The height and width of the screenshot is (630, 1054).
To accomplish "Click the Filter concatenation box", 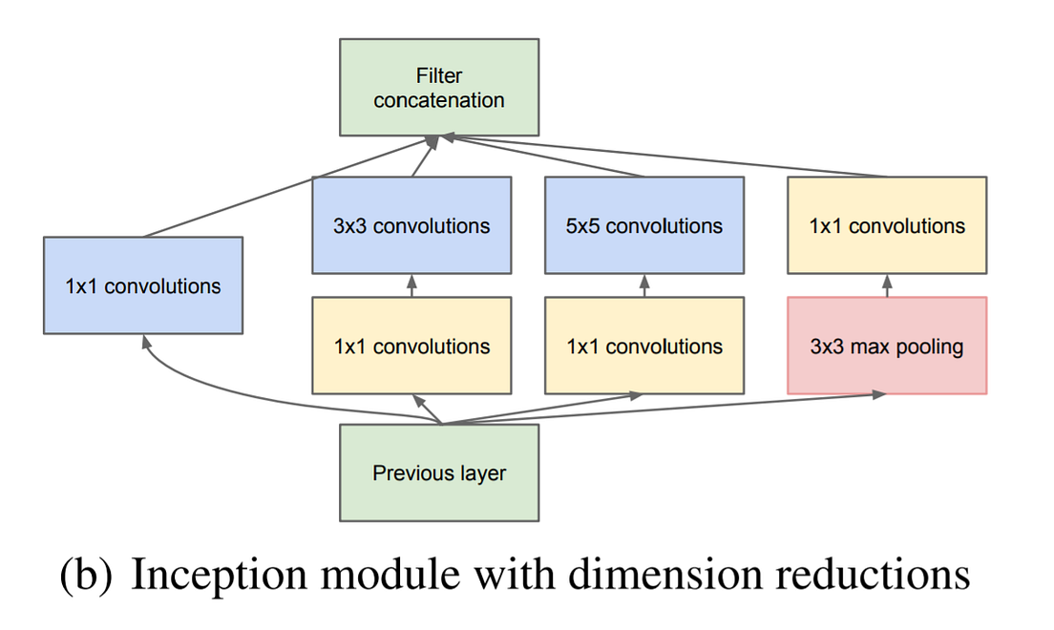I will (x=439, y=87).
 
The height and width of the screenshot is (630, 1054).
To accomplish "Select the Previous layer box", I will (x=439, y=472).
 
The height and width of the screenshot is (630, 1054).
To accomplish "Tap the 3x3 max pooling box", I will (x=887, y=346).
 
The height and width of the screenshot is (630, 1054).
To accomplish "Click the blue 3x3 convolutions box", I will (x=411, y=225).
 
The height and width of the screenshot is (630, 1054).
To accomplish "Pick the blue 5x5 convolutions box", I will (x=644, y=225).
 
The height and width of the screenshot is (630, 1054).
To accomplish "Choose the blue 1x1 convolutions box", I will (x=143, y=285).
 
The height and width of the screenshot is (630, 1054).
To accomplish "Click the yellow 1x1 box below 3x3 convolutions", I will (x=411, y=346).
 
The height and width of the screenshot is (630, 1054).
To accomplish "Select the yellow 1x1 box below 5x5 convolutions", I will (x=644, y=346).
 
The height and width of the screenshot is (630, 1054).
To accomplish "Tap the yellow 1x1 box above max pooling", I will (x=887, y=225).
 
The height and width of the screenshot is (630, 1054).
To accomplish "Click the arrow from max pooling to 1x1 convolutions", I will (x=887, y=285).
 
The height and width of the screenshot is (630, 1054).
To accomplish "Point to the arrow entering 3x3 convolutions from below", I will (x=411, y=285).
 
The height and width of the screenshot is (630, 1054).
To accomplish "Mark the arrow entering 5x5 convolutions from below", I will (x=644, y=285).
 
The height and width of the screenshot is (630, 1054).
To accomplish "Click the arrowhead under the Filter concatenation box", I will (x=433, y=140).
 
